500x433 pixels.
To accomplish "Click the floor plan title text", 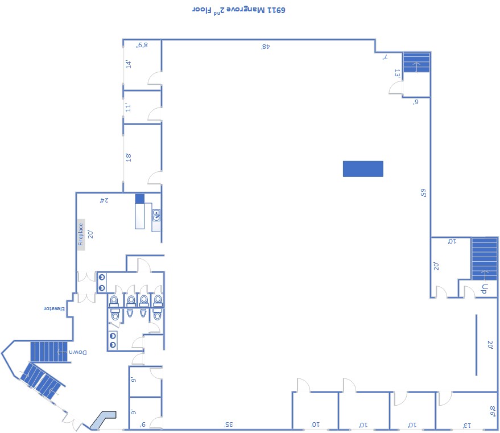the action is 238,10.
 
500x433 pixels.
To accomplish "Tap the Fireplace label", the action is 81,234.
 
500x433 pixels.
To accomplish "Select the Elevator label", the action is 54,308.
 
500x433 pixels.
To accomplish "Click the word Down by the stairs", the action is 78,352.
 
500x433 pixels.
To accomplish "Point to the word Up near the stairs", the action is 485,288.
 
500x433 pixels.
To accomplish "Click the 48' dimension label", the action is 266,47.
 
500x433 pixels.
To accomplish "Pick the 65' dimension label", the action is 423,193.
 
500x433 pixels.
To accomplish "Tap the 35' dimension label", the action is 229,424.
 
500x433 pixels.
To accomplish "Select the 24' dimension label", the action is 104,200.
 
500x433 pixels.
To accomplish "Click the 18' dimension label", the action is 128,157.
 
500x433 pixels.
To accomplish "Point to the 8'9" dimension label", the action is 142,46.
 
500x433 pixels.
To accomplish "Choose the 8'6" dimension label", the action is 493,411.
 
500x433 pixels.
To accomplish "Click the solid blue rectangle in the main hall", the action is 363,168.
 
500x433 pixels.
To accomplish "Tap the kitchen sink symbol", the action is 156,215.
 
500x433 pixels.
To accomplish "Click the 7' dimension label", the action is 385,57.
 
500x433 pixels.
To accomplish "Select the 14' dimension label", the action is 128,64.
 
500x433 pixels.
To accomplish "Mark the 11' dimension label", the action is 128,107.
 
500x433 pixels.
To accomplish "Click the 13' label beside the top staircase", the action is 397,73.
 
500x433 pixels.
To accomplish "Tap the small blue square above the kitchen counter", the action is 140,199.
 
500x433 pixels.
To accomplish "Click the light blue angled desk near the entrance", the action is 103,419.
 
